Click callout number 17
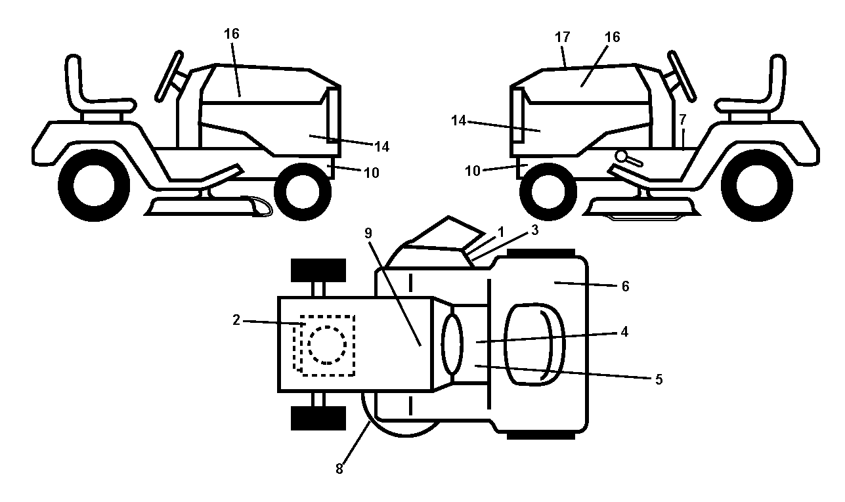point(562,37)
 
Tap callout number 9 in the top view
point(368,233)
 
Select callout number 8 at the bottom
point(339,469)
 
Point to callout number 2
point(236,320)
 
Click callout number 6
point(625,286)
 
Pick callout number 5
point(659,379)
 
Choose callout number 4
point(624,332)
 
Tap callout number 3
point(534,230)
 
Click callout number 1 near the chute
point(501,232)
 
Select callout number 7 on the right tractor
point(682,120)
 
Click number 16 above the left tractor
point(232,34)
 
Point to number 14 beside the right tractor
point(459,121)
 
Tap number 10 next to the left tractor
point(372,173)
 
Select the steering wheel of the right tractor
point(682,76)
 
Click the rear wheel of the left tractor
point(94,185)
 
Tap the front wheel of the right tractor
point(548,192)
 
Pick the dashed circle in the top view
point(327,345)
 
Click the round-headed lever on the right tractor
point(628,158)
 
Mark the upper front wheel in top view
point(318,270)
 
